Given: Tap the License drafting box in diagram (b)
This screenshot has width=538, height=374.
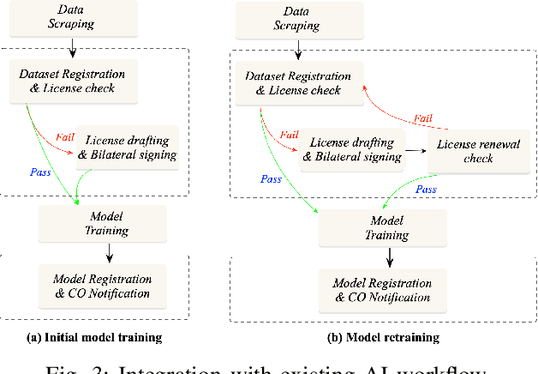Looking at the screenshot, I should click(356, 149).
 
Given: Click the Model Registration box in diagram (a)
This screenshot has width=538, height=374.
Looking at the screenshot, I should click(102, 286).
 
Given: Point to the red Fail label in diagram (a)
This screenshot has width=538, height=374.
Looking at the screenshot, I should click(66, 135).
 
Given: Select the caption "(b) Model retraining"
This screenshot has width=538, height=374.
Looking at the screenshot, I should click(383, 337).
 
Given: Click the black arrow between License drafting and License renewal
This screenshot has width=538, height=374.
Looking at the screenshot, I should click(416, 149).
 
